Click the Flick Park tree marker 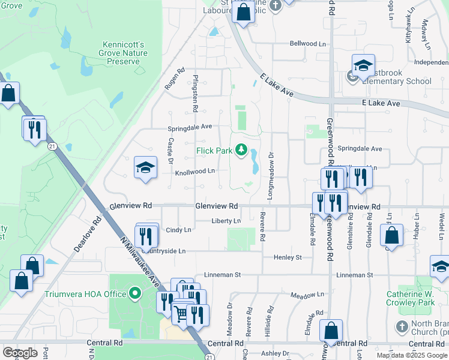pos(241,149)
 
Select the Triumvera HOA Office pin pos(135,294)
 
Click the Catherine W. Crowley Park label pos(410,298)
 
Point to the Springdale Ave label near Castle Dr pos(190,127)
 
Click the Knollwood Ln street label pos(194,171)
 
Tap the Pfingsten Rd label pos(196,93)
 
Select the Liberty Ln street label pos(226,221)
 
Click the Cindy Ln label pos(178,230)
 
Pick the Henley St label pos(288,257)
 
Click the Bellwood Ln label pos(307,44)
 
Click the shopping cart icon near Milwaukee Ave pos(182,312)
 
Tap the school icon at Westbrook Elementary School pos(363,67)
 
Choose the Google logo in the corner pos(20,353)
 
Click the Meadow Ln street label pos(303,296)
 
